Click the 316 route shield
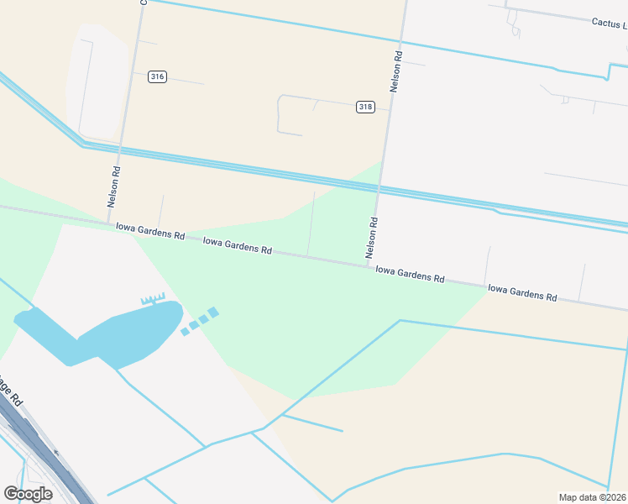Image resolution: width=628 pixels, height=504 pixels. [x=157, y=76]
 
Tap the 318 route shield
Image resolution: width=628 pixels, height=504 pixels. [x=365, y=107]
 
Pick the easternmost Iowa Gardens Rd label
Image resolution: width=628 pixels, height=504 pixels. [x=522, y=293]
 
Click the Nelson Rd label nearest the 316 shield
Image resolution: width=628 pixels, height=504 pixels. [x=115, y=186]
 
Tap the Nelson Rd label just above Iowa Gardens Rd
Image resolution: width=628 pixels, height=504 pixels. [x=372, y=238]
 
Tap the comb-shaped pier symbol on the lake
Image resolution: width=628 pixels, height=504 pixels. [x=153, y=298]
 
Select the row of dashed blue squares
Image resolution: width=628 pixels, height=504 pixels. [x=200, y=321]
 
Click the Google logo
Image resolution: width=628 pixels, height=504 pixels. [x=28, y=494]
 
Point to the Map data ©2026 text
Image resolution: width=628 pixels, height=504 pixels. [x=592, y=497]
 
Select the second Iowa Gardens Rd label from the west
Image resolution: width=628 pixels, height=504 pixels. [x=238, y=245]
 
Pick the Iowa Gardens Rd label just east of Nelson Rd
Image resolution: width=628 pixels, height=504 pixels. [x=410, y=273]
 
